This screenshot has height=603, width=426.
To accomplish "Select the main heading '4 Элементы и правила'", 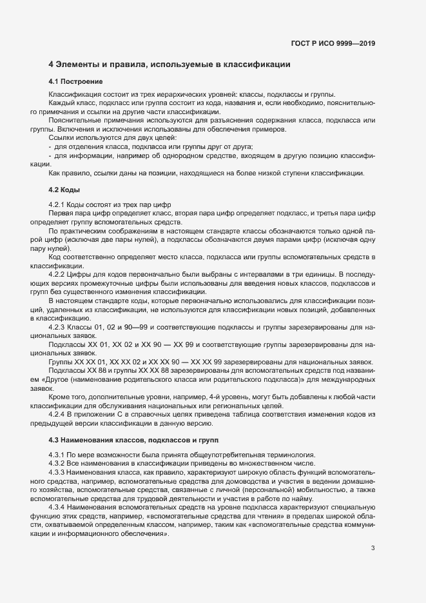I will pyautogui.click(x=169, y=64).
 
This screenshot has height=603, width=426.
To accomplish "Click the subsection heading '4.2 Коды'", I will pyautogui.click(x=64, y=190).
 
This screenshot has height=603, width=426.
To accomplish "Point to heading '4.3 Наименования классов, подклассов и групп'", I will pyautogui.click(x=134, y=440).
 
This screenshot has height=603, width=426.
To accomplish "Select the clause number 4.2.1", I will pyautogui.click(x=58, y=204).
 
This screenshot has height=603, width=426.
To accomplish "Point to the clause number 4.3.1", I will pyautogui.click(x=58, y=455).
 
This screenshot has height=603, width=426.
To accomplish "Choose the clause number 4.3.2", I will pyautogui.click(x=58, y=463).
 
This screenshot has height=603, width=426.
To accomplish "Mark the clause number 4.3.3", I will pyautogui.click(x=58, y=472).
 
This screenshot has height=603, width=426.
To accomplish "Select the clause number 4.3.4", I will pyautogui.click(x=58, y=507).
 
